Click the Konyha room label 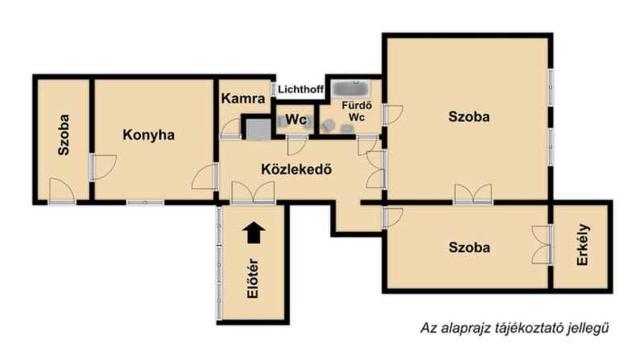(x=148, y=134)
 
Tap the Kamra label (x=243, y=98)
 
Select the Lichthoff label (x=300, y=89)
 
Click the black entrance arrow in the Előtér (x=254, y=233)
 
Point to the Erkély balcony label (x=583, y=245)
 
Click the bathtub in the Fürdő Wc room (x=351, y=89)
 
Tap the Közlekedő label (x=296, y=169)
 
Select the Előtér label (x=253, y=278)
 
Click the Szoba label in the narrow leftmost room (x=64, y=134)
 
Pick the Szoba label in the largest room (x=469, y=117)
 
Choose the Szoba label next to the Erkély (x=469, y=247)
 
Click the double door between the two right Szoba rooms (x=473, y=194)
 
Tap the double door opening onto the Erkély (x=541, y=245)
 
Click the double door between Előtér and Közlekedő (x=253, y=192)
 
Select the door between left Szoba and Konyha (x=103, y=168)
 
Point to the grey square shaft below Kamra (x=258, y=129)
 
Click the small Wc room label (x=296, y=119)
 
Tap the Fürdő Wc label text (x=357, y=111)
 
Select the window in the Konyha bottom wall (x=145, y=202)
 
